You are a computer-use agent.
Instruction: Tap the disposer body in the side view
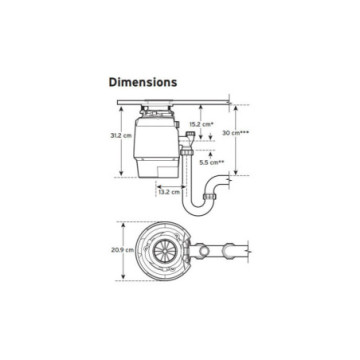point(159,145)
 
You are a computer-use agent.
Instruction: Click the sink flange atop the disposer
point(160,106)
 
